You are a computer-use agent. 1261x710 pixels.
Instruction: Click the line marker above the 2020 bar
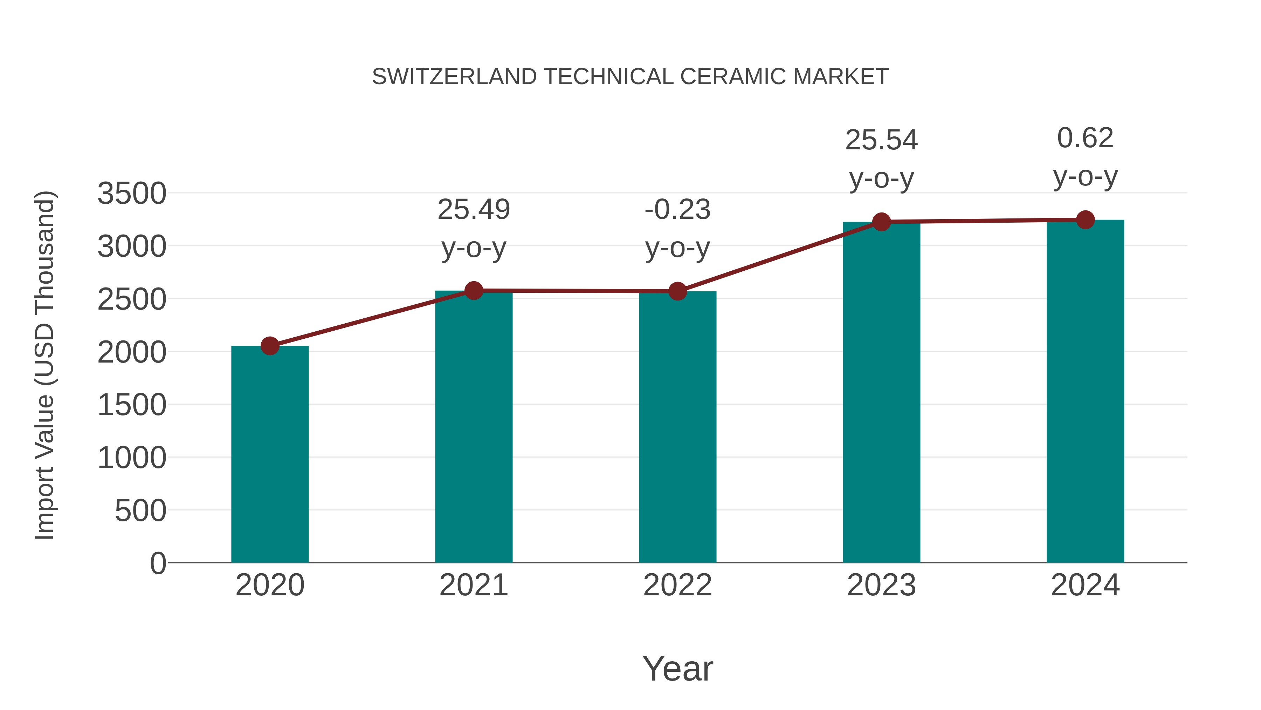[270, 346]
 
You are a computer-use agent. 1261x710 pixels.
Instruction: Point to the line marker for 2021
[474, 291]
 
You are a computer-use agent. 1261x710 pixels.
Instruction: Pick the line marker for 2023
[881, 222]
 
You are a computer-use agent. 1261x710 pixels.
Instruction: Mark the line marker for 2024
[1085, 220]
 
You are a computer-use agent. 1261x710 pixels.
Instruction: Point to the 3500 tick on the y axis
[132, 194]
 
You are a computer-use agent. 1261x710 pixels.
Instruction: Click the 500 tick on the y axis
[140, 511]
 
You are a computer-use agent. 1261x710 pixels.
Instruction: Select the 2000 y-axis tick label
[132, 352]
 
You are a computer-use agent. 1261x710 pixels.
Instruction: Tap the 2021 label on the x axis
[474, 585]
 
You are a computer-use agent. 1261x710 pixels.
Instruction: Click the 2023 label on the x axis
[881, 585]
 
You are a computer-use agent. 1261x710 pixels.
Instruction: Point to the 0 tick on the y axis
[158, 563]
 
